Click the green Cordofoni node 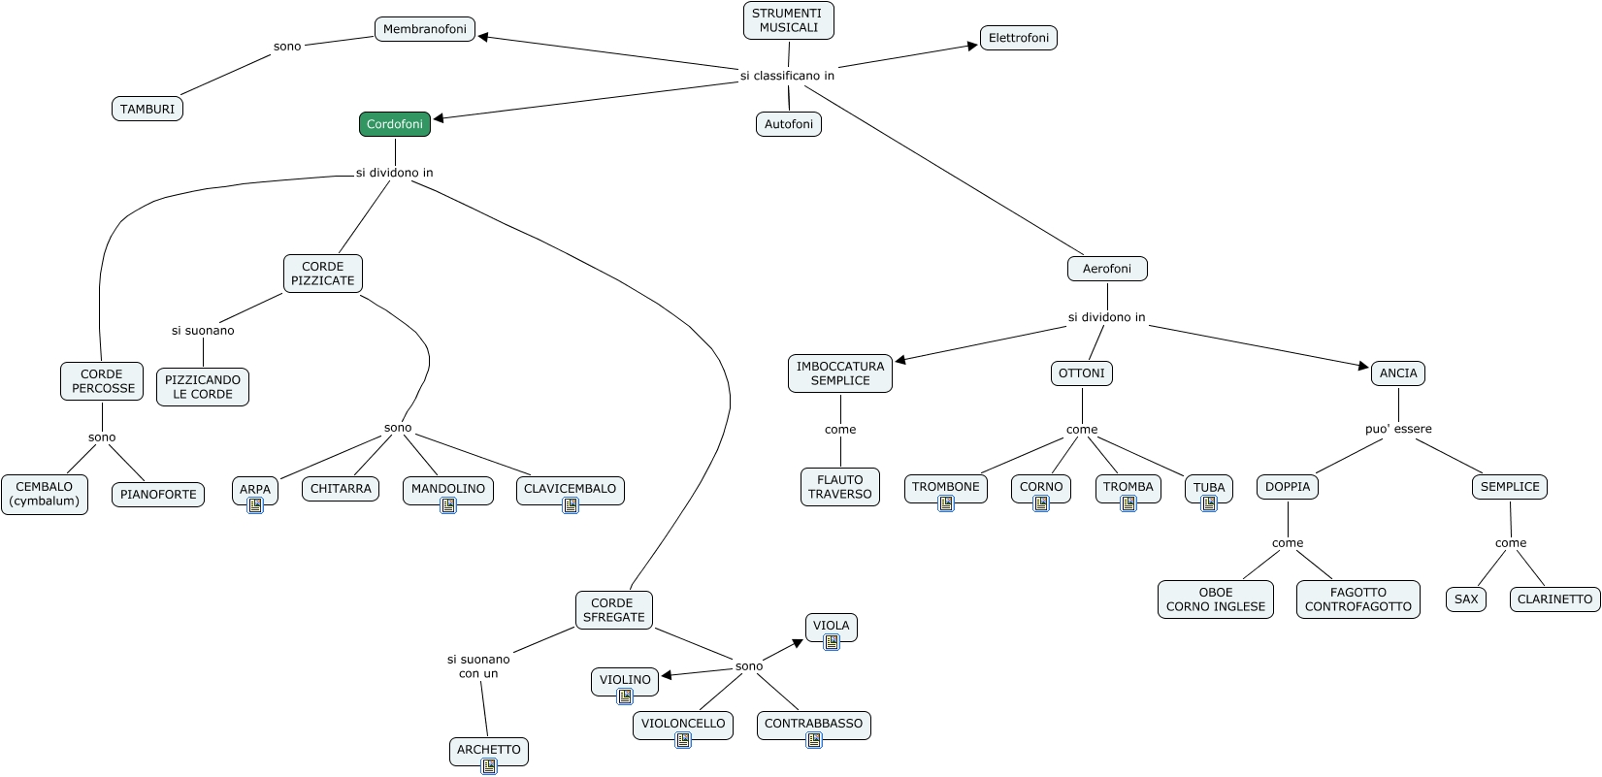[395, 123]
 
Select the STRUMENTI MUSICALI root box [788, 20]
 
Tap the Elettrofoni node [1019, 38]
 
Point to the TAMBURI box [147, 109]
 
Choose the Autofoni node [789, 123]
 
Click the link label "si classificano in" [787, 75]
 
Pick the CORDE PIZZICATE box [322, 273]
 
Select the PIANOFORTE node [158, 494]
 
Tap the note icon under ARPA [255, 506]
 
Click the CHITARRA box [341, 489]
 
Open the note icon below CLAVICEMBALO [570, 506]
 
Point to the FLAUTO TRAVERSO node [840, 487]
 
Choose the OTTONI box [1081, 373]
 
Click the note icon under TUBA [1209, 504]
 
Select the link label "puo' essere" [1398, 429]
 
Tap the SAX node [1466, 599]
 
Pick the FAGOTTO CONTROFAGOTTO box [1358, 599]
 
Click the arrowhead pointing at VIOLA [798, 643]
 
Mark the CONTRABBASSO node [814, 724]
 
